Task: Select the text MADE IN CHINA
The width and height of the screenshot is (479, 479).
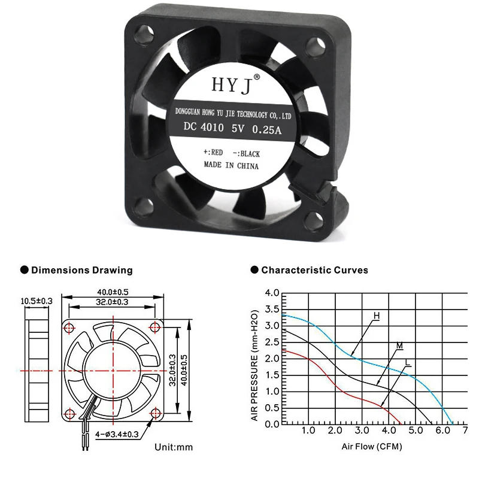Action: click(231, 165)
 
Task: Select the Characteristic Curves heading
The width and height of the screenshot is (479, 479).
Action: click(314, 270)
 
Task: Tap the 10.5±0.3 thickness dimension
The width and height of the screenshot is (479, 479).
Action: click(37, 301)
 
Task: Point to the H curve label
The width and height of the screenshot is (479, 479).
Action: click(377, 315)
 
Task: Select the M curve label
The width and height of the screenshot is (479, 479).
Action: click(399, 347)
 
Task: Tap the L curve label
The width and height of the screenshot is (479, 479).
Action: click(408, 363)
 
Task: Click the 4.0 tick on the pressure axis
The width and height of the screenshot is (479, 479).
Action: click(272, 293)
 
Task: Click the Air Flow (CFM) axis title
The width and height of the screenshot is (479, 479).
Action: click(372, 447)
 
